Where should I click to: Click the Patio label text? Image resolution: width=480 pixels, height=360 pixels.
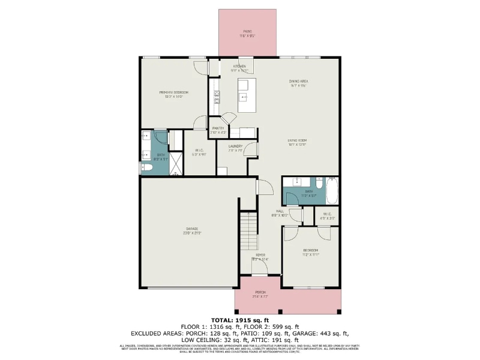[247, 31]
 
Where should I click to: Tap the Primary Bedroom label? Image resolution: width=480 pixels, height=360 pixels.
[173, 92]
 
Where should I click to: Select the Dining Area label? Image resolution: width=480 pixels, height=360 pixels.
[298, 81]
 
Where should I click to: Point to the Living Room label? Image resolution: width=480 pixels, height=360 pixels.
[297, 140]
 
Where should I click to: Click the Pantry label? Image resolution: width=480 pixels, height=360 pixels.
[218, 128]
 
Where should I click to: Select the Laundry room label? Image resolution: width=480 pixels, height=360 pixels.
[235, 146]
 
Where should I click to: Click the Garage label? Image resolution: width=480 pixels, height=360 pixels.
[191, 229]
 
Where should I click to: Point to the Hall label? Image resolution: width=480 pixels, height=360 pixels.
[280, 211]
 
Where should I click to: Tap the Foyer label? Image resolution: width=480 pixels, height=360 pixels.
[260, 255]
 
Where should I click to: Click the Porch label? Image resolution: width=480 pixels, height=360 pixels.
[260, 293]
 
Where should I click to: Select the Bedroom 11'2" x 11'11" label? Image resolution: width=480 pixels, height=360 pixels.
[310, 251]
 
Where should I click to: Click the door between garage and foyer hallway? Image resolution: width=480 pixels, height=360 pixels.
[257, 187]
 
